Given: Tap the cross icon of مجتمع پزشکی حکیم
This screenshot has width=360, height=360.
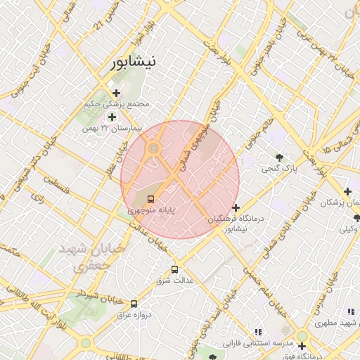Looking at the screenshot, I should click(x=116, y=93).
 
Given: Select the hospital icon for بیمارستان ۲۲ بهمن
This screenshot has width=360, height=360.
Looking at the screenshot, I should click(x=111, y=116).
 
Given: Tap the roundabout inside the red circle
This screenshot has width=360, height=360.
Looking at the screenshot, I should click(x=153, y=148).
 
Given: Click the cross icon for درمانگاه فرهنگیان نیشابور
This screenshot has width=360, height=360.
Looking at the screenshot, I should click(x=236, y=207).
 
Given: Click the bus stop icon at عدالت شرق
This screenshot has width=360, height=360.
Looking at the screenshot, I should click(x=174, y=269).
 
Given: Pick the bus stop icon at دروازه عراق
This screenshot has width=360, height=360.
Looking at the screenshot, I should click(x=134, y=304).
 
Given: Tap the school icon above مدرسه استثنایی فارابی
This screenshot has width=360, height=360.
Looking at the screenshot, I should click(x=257, y=331).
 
